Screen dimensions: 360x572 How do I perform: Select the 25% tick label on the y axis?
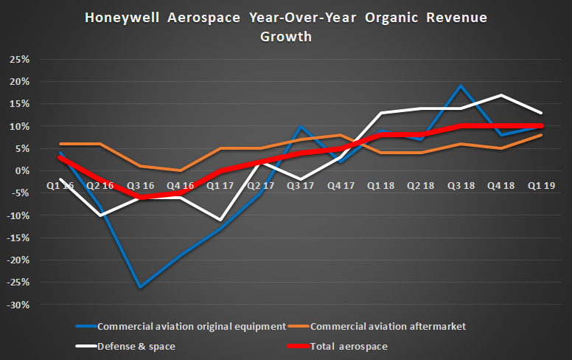[18, 59]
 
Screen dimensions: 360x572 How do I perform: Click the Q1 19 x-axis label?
[543, 186]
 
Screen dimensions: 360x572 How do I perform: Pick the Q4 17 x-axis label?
[341, 186]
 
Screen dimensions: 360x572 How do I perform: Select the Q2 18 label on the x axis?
[422, 186]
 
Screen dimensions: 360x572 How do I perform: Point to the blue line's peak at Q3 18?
[461, 86]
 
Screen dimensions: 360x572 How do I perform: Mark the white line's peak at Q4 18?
[502, 95]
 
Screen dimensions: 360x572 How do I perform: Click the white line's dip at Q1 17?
[220, 220]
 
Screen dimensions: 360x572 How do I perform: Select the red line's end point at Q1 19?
[543, 126]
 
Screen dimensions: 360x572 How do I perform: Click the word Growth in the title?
[286, 35]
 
